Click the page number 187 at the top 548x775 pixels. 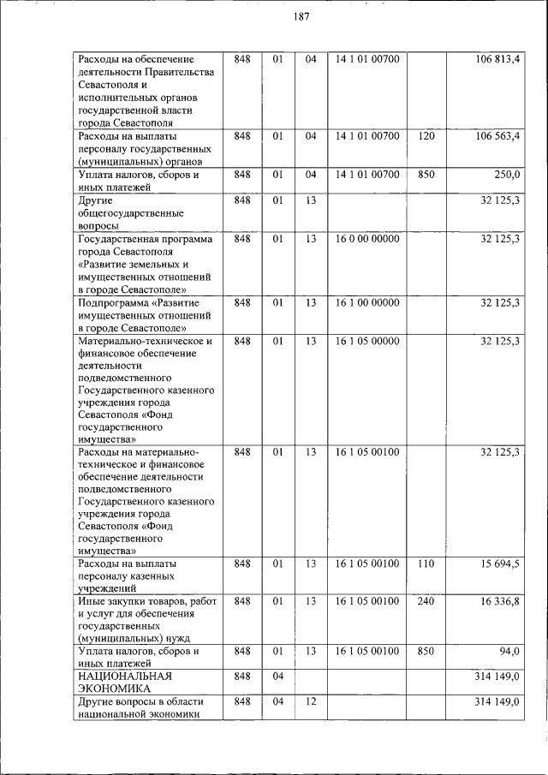(x=301, y=17)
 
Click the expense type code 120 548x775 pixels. (x=426, y=135)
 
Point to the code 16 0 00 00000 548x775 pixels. (x=367, y=238)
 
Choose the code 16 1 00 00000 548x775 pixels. (x=367, y=302)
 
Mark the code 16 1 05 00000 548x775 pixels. (x=367, y=341)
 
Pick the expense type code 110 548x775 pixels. (x=426, y=563)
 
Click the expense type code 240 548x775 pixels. (x=426, y=601)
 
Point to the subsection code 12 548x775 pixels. (x=311, y=702)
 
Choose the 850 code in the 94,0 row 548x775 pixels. (x=426, y=652)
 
